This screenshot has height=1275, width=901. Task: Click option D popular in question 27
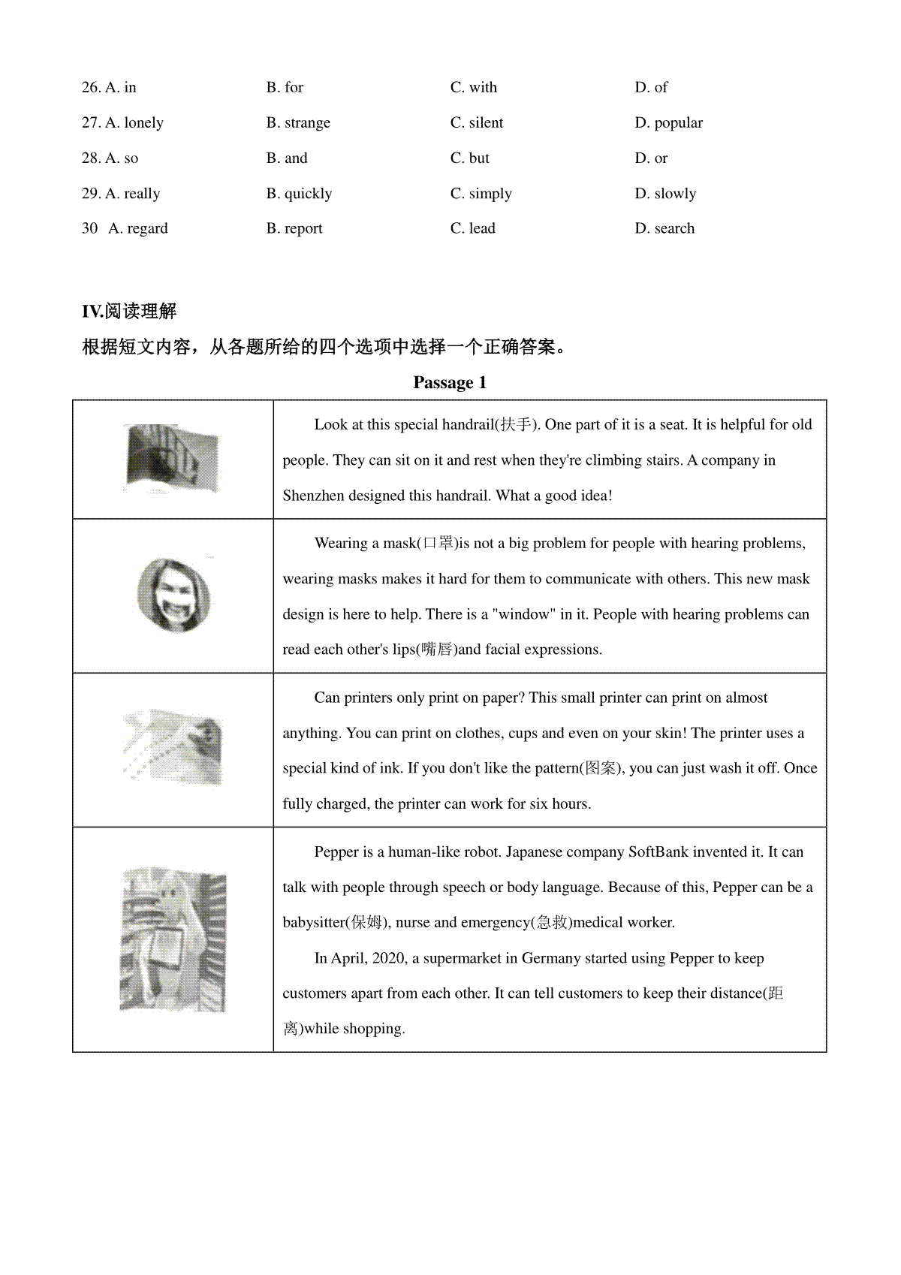(668, 122)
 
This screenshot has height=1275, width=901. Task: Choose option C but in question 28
(469, 158)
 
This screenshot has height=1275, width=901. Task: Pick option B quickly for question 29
(299, 193)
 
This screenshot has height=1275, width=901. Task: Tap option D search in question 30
(664, 228)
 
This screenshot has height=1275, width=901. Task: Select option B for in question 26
(285, 87)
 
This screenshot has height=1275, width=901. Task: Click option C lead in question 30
(473, 228)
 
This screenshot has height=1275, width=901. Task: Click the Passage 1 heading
(450, 383)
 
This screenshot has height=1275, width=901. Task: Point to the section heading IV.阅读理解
(129, 311)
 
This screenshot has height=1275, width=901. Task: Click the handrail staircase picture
(172, 458)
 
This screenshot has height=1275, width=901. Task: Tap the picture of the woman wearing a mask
(173, 595)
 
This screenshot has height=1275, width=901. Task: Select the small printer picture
(173, 749)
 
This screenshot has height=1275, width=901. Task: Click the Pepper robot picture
(173, 939)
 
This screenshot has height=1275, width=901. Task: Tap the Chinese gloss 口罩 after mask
(438, 543)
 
